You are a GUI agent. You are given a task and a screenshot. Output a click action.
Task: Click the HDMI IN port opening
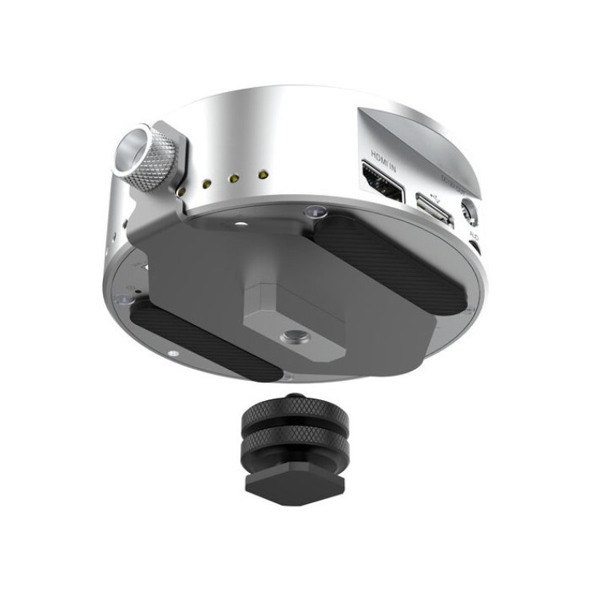[384, 180]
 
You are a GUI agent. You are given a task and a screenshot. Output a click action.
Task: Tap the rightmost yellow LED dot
[260, 173]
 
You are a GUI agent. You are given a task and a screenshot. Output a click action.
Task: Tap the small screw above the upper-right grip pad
[314, 211]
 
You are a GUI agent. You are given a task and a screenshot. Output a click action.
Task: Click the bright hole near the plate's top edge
[240, 226]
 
